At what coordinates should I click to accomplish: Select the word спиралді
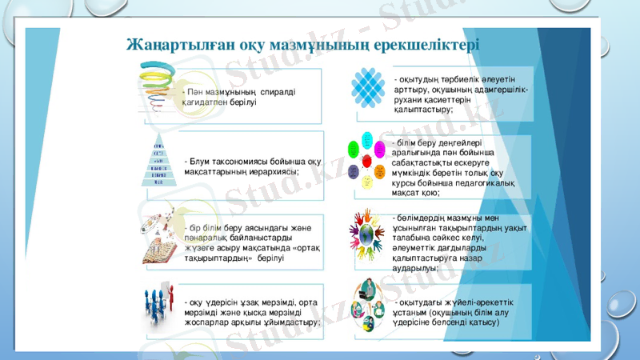pyautogui.click(x=278, y=93)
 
